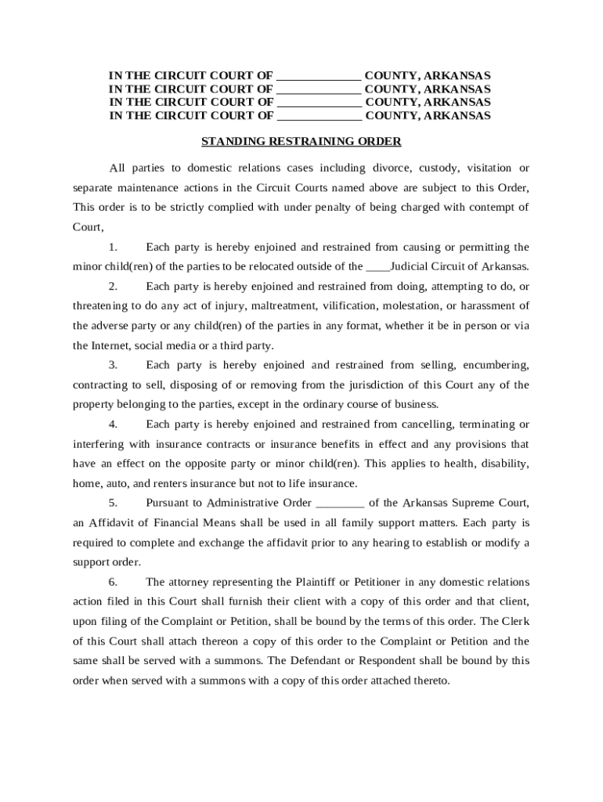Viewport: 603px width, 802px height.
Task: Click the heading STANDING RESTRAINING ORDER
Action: click(x=301, y=142)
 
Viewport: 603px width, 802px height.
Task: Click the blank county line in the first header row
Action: click(x=319, y=76)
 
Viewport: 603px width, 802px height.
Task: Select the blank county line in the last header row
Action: click(x=320, y=116)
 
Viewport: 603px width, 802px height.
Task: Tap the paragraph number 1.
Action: click(x=114, y=247)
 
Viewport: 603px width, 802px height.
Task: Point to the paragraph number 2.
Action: click(x=114, y=285)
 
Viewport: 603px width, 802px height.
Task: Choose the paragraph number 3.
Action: click(x=114, y=365)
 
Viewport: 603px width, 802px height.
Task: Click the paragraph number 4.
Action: click(x=114, y=424)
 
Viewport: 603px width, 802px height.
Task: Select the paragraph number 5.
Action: click(x=114, y=503)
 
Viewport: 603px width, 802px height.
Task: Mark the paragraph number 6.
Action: click(x=114, y=582)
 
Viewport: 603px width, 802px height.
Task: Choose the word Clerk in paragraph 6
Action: click(x=515, y=621)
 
